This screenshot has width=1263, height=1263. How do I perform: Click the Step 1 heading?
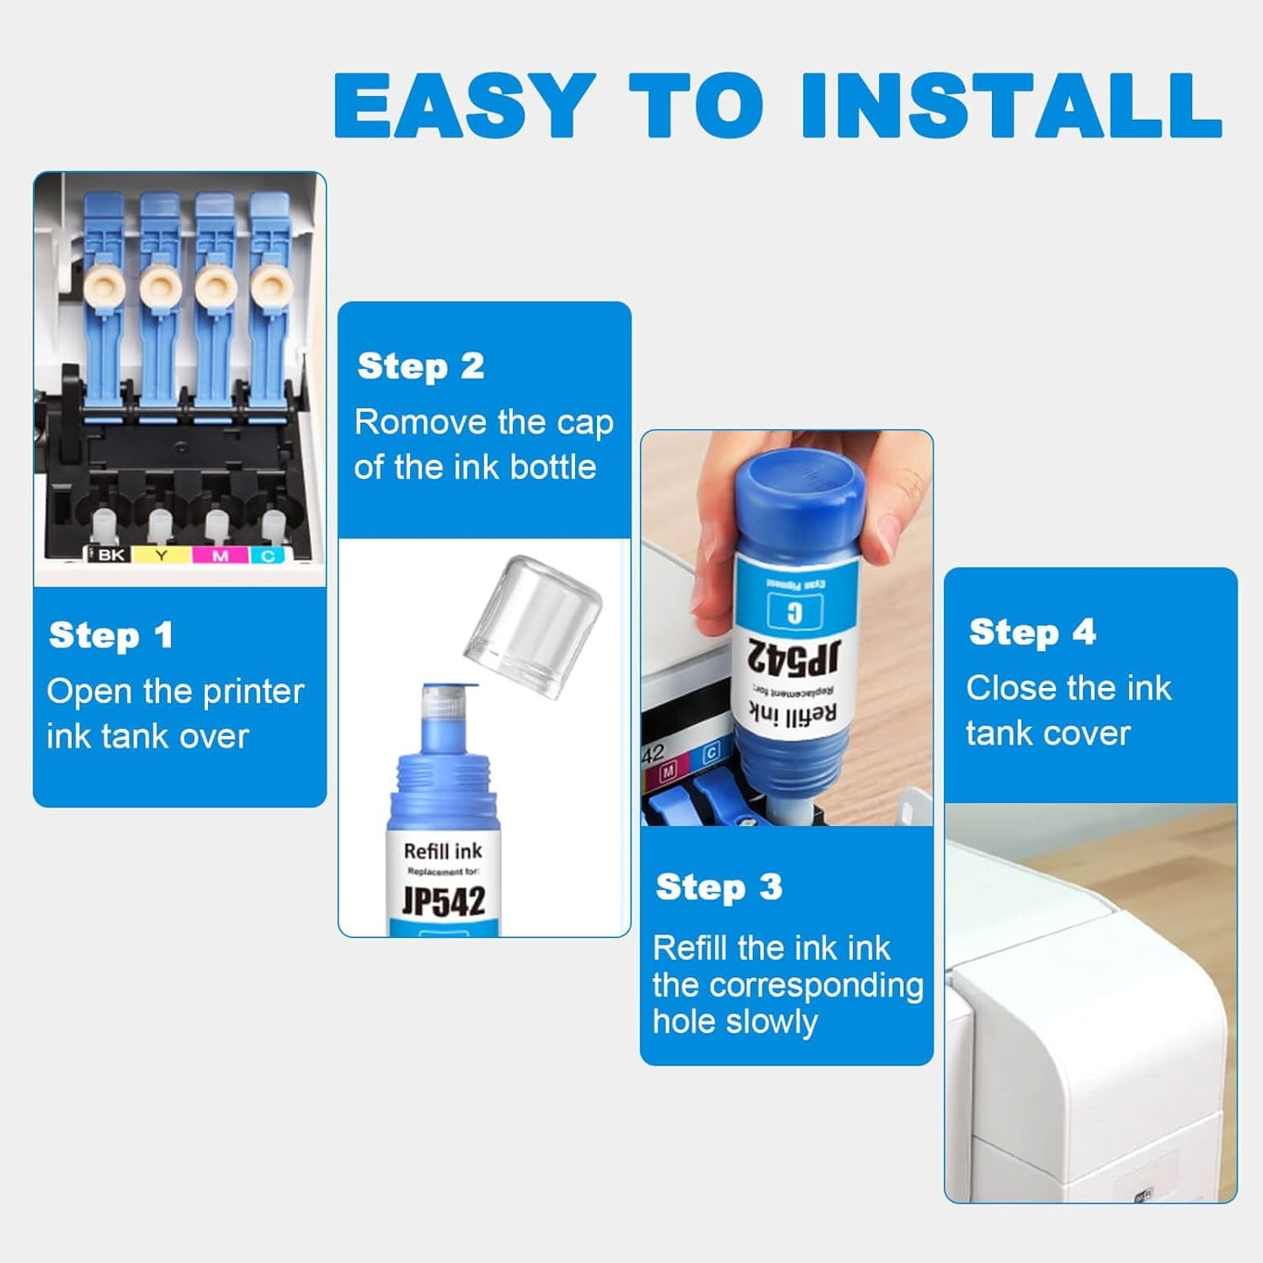[x=111, y=635]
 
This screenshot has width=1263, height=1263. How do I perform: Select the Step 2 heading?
[x=420, y=366]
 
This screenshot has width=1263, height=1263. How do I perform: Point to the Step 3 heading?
[x=718, y=887]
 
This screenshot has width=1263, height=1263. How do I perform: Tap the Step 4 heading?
[x=1031, y=632]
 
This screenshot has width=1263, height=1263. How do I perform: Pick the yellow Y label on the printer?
[x=161, y=555]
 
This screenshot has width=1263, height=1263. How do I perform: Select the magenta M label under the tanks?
[x=220, y=555]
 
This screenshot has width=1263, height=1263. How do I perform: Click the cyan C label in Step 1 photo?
[x=268, y=555]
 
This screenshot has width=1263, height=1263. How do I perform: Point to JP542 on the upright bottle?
[x=443, y=901]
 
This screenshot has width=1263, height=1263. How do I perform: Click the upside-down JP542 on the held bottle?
[x=795, y=655]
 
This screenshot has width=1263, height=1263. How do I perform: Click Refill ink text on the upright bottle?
[x=443, y=851]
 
